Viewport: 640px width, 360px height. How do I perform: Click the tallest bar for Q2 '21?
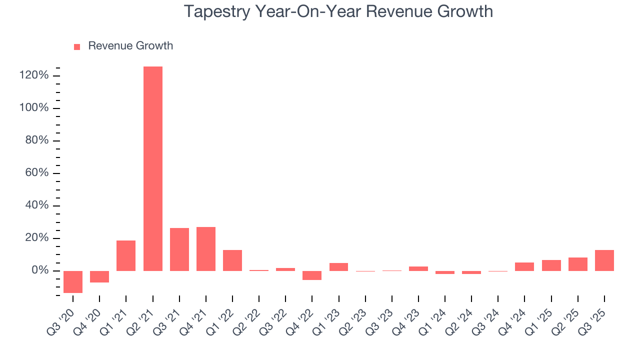tap(152, 168)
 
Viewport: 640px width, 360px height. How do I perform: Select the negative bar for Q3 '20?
tap(73, 281)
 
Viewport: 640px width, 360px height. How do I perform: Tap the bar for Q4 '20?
tap(99, 276)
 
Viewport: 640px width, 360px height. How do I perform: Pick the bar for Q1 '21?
tap(126, 255)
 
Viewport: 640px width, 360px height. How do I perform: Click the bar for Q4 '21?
tap(205, 249)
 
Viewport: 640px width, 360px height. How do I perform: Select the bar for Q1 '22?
tap(232, 260)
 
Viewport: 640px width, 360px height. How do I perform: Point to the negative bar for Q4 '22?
tap(312, 275)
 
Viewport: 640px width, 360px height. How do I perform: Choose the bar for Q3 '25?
tap(604, 260)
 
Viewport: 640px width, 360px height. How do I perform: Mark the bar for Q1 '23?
tap(338, 267)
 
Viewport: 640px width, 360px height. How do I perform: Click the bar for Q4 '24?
tap(524, 266)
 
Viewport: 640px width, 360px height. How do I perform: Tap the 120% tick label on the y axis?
tap(33, 75)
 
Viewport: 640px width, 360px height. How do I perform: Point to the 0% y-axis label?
tap(39, 270)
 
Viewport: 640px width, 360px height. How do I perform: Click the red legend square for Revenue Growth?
tap(77, 46)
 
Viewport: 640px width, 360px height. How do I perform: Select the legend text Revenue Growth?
tap(130, 46)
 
